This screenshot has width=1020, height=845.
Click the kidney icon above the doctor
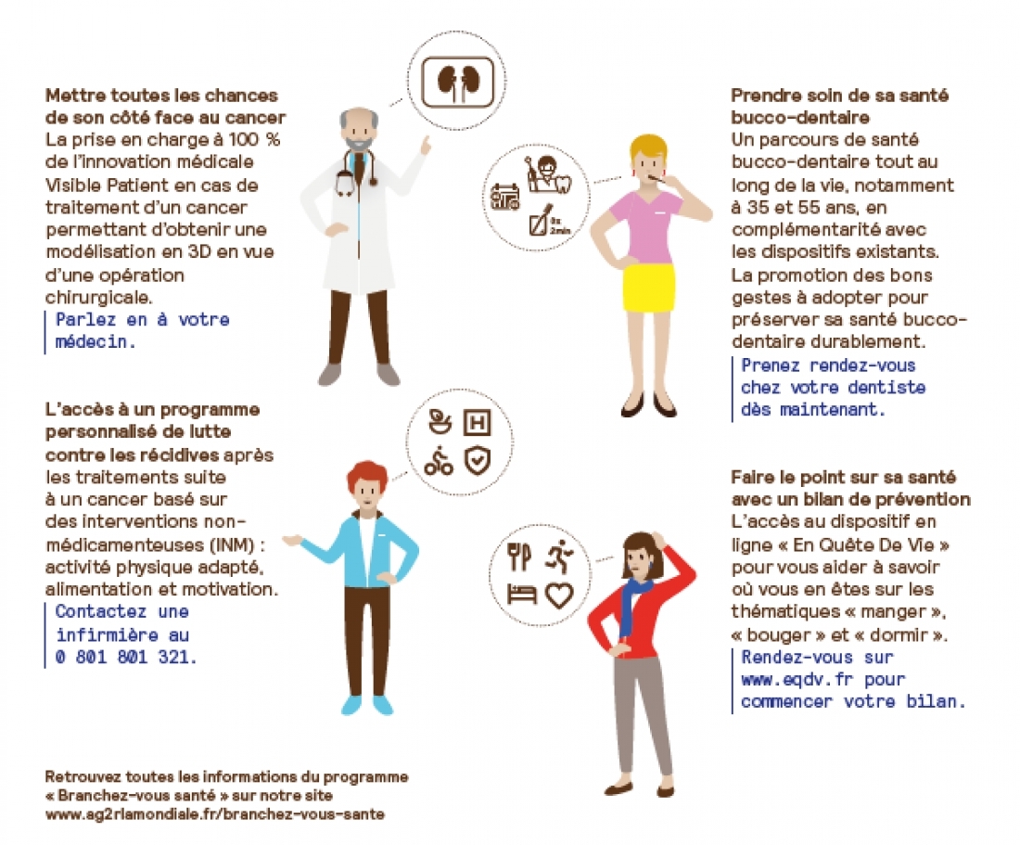[x=459, y=82]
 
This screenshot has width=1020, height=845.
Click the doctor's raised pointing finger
[x=427, y=144]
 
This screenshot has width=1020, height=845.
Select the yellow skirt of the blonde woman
[x=648, y=287]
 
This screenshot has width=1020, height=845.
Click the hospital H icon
[x=477, y=423]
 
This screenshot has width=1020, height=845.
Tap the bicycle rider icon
[x=439, y=461]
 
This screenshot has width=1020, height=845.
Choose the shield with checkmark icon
[x=478, y=461]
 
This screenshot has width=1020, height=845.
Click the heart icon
[x=559, y=595]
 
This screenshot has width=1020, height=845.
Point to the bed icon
[x=521, y=594]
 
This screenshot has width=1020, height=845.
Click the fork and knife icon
[x=519, y=557]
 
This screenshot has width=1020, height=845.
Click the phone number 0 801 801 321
[x=126, y=657]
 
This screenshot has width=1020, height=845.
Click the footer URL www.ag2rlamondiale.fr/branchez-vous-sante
[x=215, y=814]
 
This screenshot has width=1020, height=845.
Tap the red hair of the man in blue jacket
[x=367, y=476]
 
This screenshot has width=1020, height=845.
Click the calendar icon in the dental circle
[x=505, y=197]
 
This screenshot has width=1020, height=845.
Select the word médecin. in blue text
[x=96, y=341]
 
